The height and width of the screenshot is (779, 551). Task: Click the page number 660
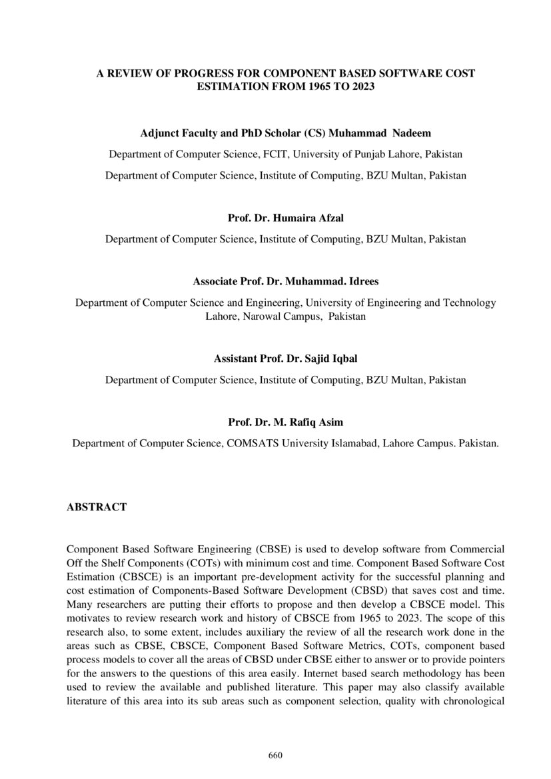click(x=275, y=755)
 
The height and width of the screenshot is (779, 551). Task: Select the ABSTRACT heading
click(x=97, y=507)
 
